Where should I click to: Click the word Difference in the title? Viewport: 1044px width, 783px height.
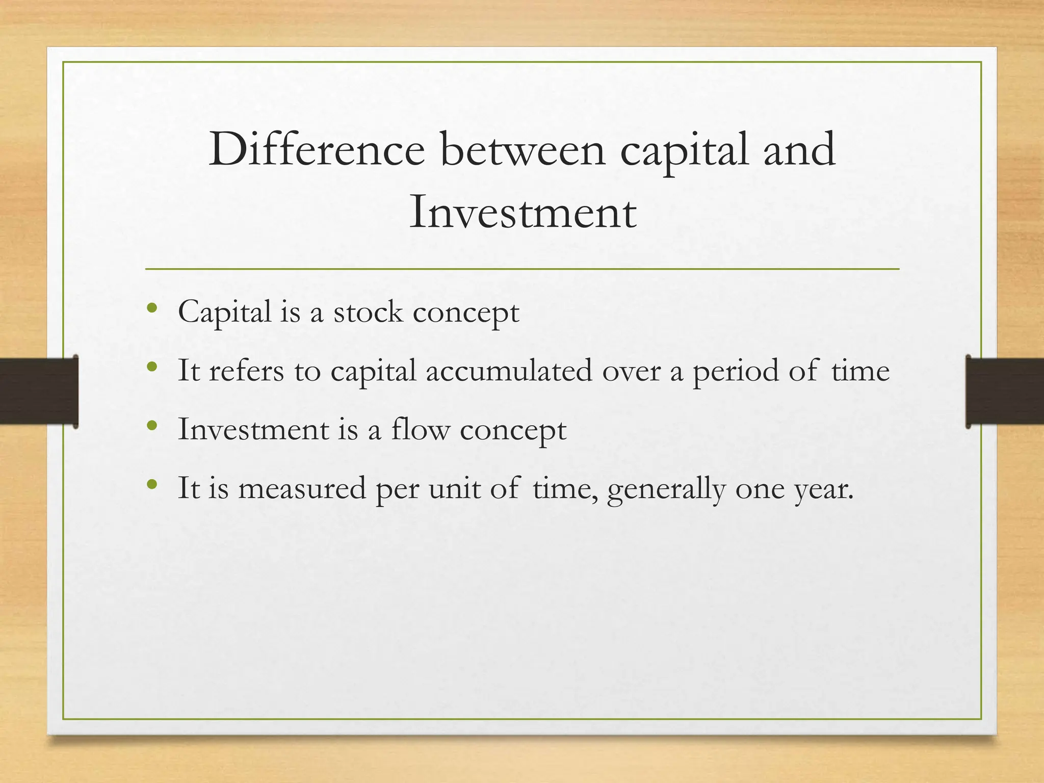[317, 149]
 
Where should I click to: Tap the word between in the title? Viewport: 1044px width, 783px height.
[523, 149]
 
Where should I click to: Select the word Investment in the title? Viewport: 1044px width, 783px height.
[523, 212]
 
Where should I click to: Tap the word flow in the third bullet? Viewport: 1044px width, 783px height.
[421, 429]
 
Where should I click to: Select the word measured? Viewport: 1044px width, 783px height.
[302, 488]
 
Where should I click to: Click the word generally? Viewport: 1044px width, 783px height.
[666, 489]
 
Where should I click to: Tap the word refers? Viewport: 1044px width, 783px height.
[246, 371]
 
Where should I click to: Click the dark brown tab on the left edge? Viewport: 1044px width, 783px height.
[38, 391]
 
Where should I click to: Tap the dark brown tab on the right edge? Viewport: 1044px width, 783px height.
[1005, 391]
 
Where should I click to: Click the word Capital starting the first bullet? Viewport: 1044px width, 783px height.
[224, 311]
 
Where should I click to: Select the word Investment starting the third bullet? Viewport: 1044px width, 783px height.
[253, 429]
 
